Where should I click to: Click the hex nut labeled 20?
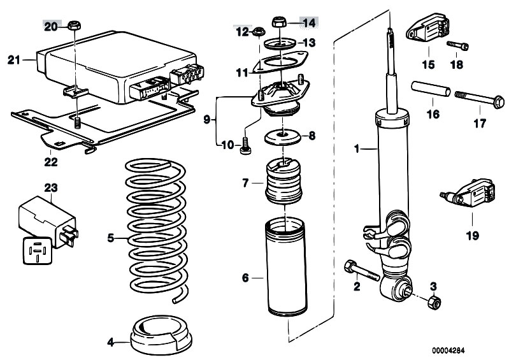tap(74, 26)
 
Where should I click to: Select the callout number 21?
tap(14, 61)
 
